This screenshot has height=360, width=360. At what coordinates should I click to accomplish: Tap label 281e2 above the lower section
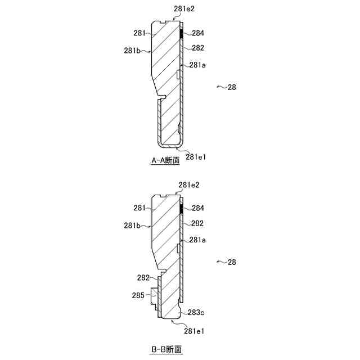[x=189, y=184]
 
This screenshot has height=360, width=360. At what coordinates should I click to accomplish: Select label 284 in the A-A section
[x=197, y=33]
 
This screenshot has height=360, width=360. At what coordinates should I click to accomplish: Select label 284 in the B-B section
[x=197, y=208]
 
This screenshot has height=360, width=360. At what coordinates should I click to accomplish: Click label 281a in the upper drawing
[x=197, y=65]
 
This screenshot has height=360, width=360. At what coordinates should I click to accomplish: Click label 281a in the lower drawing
[x=197, y=240]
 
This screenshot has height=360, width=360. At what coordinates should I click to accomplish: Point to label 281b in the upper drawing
[x=132, y=51]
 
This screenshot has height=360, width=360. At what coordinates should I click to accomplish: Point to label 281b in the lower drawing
[x=132, y=226]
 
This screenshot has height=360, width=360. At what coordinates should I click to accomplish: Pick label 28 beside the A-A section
[x=232, y=87]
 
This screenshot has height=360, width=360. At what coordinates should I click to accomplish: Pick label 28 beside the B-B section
[x=232, y=262]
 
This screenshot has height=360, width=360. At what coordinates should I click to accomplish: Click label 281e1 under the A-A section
[x=196, y=156]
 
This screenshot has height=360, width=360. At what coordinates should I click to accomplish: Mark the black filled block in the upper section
[x=181, y=34]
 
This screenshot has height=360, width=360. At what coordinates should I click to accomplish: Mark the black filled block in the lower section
[x=181, y=209]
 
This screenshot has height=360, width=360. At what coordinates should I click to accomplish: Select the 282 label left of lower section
[x=145, y=278]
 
